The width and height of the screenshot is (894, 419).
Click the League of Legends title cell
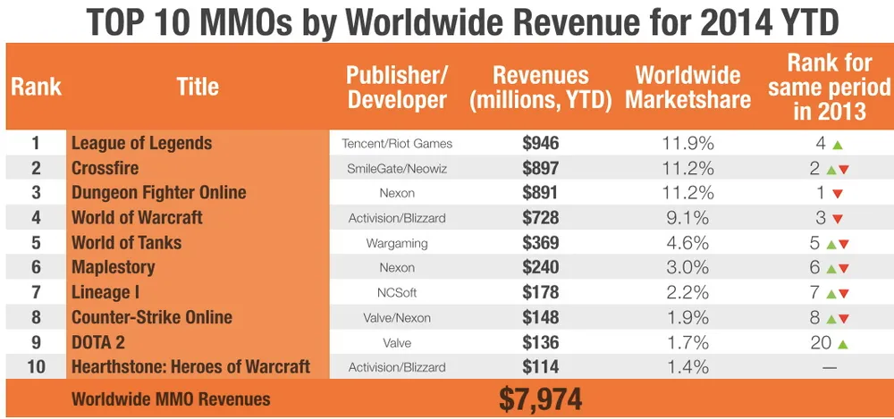click(141, 143)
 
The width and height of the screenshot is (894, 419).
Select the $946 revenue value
click(540, 143)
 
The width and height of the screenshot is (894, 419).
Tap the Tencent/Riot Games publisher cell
click(397, 143)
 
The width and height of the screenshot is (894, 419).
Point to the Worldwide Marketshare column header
click(687, 87)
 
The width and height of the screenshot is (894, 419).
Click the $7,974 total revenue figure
click(540, 398)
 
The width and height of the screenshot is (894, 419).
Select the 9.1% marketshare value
click(687, 217)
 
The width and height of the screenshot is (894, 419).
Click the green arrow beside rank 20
click(837, 342)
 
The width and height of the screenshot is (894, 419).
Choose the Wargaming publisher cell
click(397, 242)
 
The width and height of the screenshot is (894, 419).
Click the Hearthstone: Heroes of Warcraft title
click(190, 366)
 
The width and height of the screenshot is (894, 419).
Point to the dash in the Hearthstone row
click(829, 367)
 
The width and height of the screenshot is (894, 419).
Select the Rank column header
click(36, 87)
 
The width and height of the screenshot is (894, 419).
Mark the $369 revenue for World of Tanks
click(540, 242)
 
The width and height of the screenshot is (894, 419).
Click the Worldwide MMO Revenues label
click(171, 399)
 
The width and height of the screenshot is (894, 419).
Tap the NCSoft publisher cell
click(397, 292)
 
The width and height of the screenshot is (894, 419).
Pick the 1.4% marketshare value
click(687, 366)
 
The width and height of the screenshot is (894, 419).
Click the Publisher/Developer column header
click(397, 87)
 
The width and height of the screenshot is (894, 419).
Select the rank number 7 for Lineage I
click(36, 292)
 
